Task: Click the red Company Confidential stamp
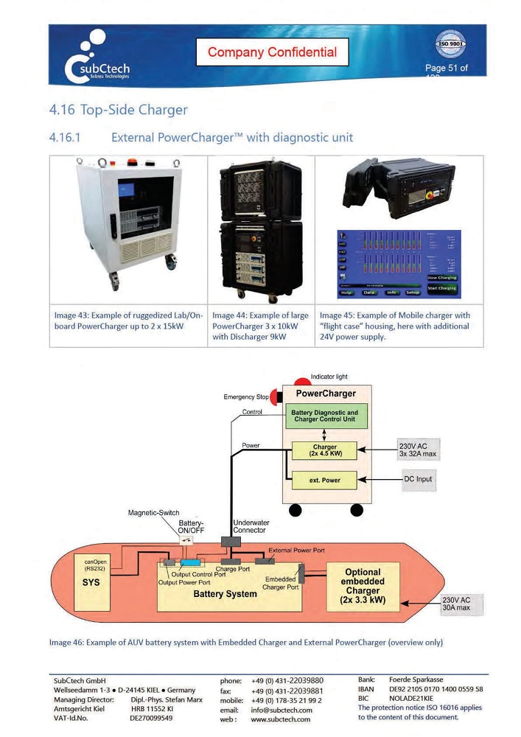point(272,52)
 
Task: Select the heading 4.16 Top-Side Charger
point(118,110)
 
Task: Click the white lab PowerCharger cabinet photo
point(129,225)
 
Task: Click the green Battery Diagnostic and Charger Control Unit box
point(324,416)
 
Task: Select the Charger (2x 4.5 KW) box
point(324,450)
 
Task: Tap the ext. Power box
point(324,481)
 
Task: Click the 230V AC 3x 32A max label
point(418,450)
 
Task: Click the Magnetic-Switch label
point(153,513)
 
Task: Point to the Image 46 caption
point(245,642)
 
